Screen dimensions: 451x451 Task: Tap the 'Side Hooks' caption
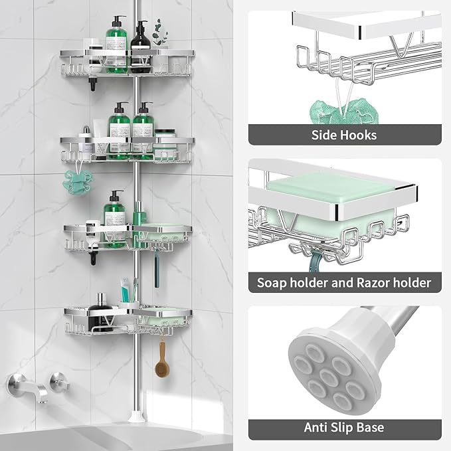coord(344,135)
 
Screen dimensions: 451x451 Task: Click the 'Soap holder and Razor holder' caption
coord(344,283)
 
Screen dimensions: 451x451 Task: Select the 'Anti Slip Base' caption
coord(344,427)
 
